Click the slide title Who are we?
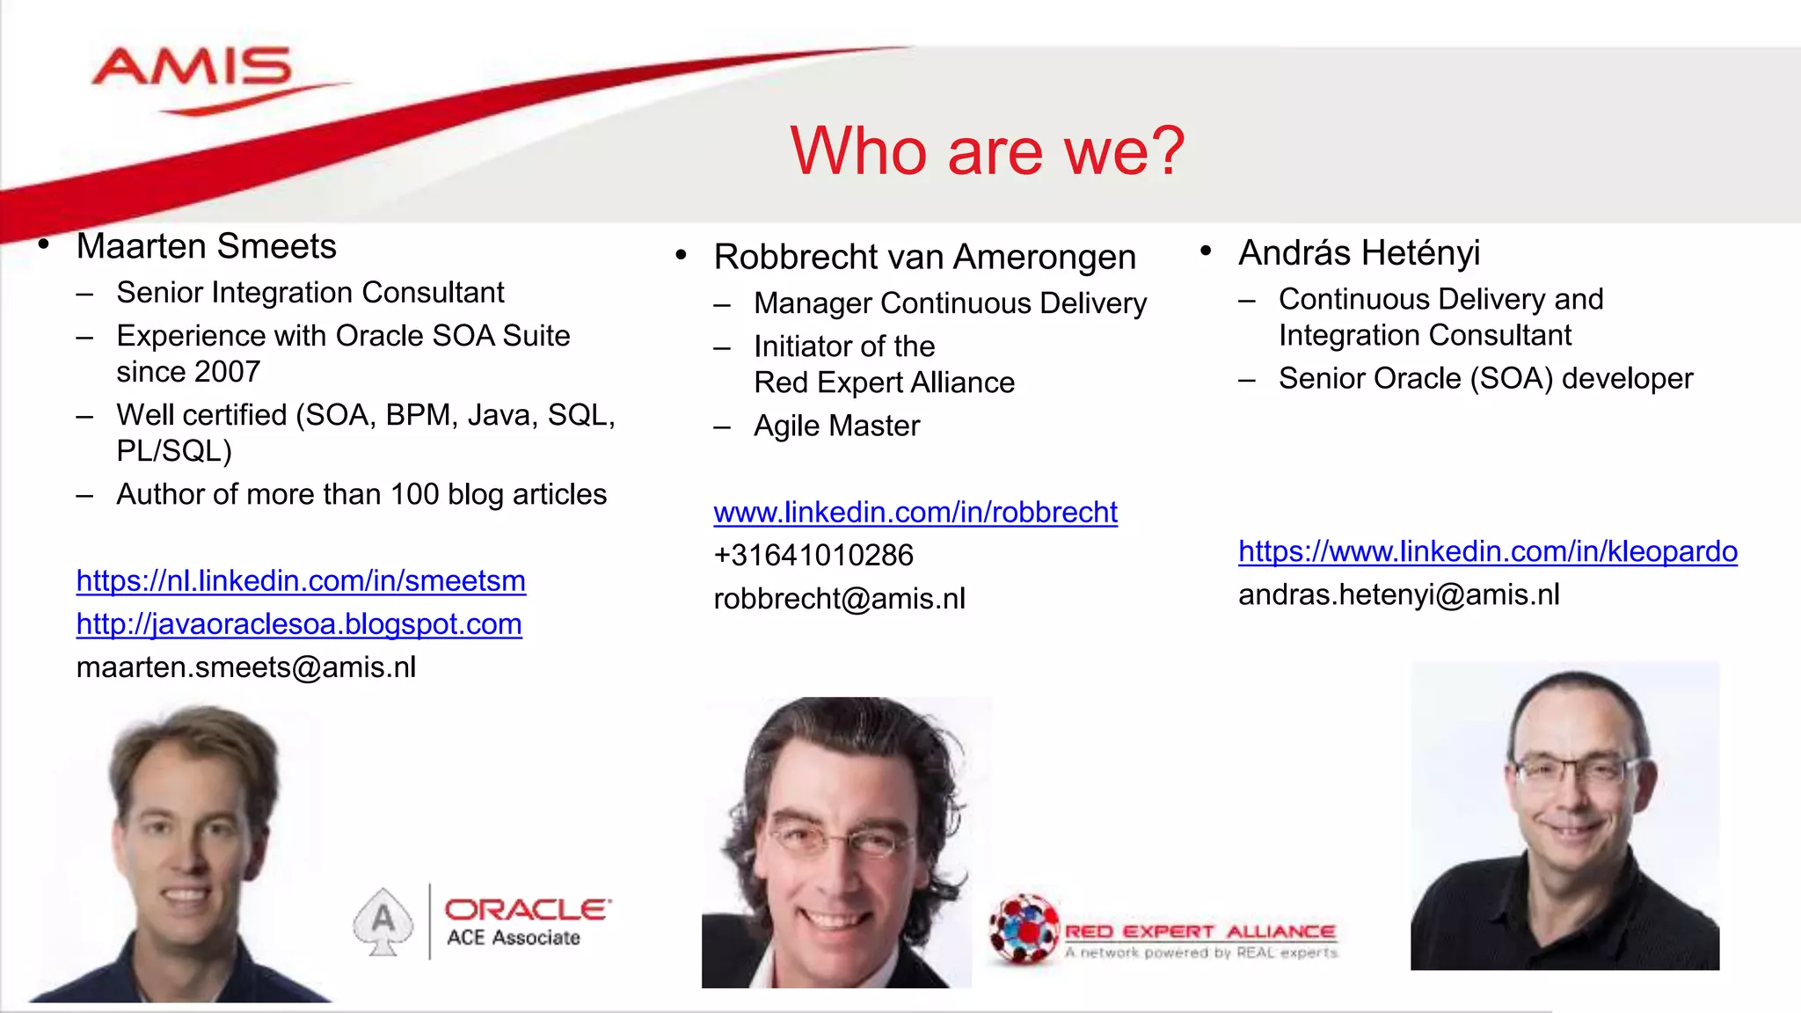(987, 151)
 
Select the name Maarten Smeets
(206, 246)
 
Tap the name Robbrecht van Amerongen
(924, 257)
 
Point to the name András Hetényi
(1359, 253)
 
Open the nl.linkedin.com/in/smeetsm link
(301, 581)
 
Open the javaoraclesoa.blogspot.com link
(299, 624)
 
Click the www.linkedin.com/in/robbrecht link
(915, 513)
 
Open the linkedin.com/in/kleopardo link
(1487, 551)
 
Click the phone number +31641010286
(813, 556)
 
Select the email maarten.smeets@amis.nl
(246, 667)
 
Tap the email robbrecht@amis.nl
(839, 599)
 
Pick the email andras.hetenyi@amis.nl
(1398, 595)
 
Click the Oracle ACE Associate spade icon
(383, 921)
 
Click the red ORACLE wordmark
(527, 909)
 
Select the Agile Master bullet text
(836, 426)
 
